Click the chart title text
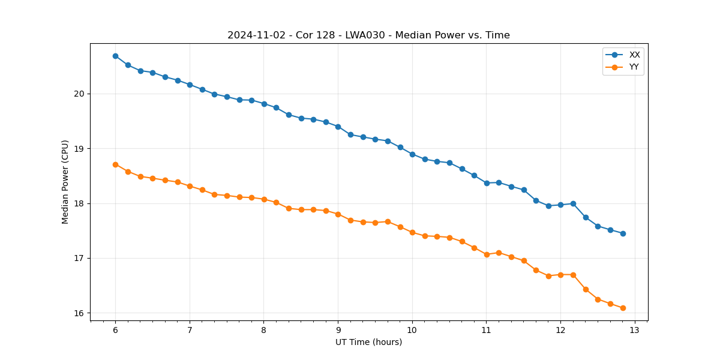pos(368,35)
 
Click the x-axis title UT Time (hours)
pos(368,342)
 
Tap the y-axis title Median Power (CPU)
pos(65,182)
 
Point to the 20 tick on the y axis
pos(80,94)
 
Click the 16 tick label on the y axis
pos(80,313)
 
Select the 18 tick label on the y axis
pos(80,203)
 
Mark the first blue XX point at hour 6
pos(115,56)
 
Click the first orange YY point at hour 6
pos(115,164)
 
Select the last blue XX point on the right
pos(623,233)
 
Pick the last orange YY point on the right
pos(623,308)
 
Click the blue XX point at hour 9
pos(338,127)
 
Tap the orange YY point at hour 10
pos(412,232)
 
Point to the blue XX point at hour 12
pos(560,205)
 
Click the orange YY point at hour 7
pos(190,186)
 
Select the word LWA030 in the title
pos(365,35)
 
